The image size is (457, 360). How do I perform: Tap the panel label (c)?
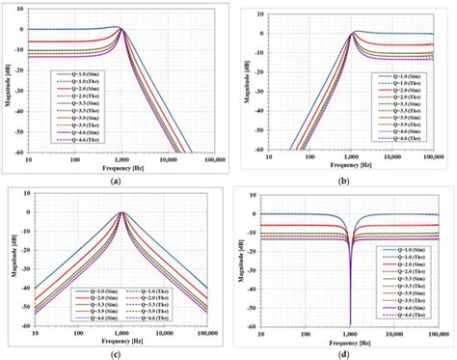115,354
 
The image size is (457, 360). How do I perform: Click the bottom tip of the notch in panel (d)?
348,323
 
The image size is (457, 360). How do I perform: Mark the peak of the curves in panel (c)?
121,212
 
